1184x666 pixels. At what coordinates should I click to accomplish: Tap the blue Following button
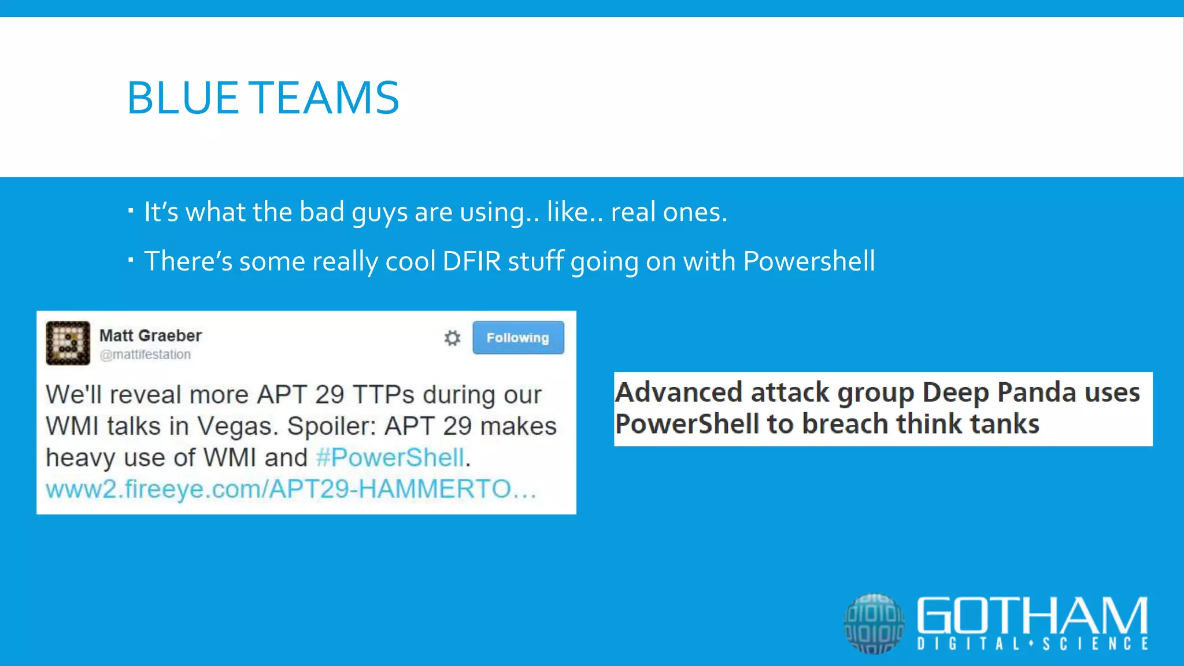[x=518, y=338]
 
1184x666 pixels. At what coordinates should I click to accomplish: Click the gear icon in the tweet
[x=452, y=338]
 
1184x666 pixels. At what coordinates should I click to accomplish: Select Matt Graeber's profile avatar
[x=68, y=343]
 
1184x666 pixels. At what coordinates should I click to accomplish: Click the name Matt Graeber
[x=150, y=335]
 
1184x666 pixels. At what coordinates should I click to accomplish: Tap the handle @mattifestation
[x=145, y=354]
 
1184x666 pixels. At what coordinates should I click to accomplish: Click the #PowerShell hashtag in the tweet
[x=390, y=458]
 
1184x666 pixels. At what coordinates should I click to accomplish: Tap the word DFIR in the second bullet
[x=471, y=261]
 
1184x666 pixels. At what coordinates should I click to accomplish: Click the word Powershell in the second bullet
[x=809, y=261]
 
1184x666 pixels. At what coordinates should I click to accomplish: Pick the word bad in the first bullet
[x=322, y=212]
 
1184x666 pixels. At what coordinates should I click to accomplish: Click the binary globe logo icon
[x=874, y=623]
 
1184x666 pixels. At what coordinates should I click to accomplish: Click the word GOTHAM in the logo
[x=1032, y=616]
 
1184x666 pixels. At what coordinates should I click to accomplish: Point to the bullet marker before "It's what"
[x=131, y=210]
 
